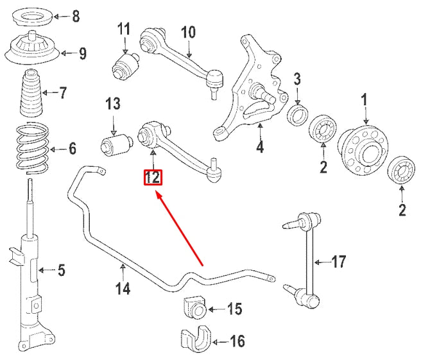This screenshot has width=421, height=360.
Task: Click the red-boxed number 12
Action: click(x=153, y=176)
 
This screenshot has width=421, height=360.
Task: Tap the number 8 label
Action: click(x=76, y=16)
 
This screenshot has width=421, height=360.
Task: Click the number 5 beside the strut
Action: click(x=61, y=270)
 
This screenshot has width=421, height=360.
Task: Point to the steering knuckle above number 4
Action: click(x=253, y=90)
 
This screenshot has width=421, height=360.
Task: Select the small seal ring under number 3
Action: click(x=297, y=116)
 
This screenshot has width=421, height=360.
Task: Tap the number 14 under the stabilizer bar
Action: click(x=123, y=289)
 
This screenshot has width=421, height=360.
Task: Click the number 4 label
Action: click(x=260, y=148)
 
